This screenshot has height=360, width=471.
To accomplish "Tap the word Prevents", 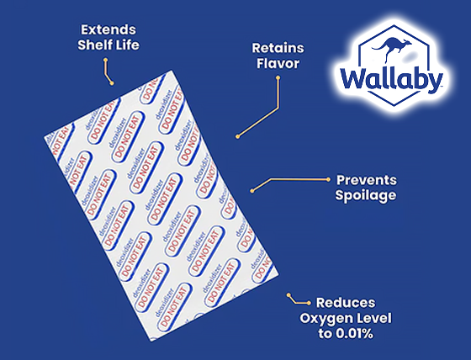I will point(367,180).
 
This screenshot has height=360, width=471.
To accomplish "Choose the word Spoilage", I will point(367,196).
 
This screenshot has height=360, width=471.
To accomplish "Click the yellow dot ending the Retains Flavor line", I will point(238,135).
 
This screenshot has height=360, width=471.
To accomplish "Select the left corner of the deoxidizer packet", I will point(43,135).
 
